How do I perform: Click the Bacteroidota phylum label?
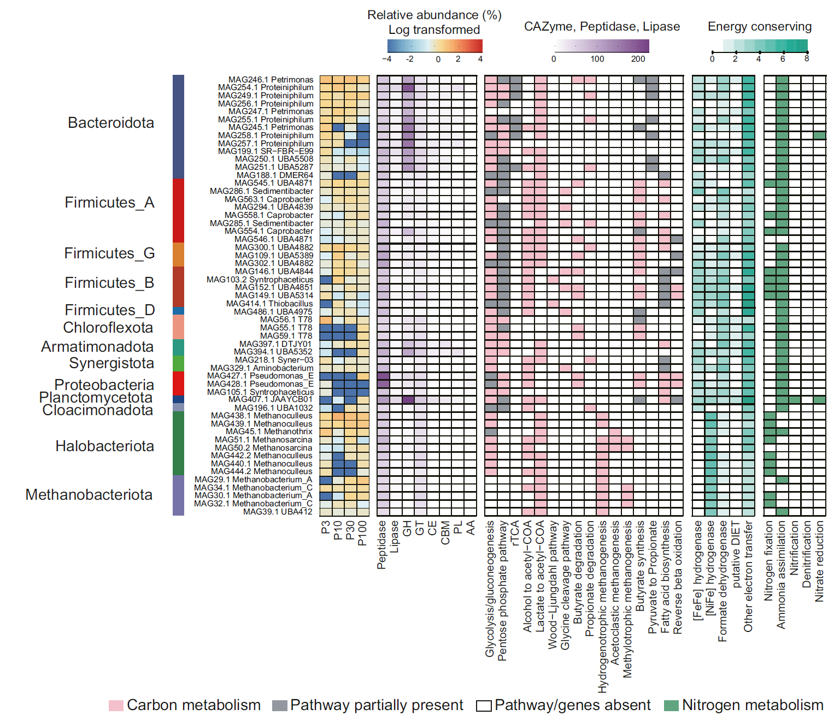pyautogui.click(x=111, y=123)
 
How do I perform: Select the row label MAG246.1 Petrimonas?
pyautogui.click(x=271, y=80)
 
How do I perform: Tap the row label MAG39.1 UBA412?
pyautogui.click(x=278, y=512)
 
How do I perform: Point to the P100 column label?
pyautogui.click(x=362, y=533)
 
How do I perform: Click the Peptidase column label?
pyautogui.click(x=382, y=545)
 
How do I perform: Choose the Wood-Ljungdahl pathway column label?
pyautogui.click(x=553, y=585)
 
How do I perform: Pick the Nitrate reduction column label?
pyautogui.click(x=819, y=561)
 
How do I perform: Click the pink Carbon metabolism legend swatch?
pyautogui.click(x=116, y=705)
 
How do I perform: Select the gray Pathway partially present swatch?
pyautogui.click(x=279, y=705)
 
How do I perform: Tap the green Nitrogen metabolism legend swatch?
pyautogui.click(x=671, y=705)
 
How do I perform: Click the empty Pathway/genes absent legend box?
pyautogui.click(x=484, y=706)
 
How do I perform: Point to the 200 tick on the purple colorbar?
pyautogui.click(x=638, y=59)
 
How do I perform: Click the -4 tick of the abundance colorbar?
pyautogui.click(x=386, y=59)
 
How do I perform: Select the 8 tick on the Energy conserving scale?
pyautogui.click(x=807, y=58)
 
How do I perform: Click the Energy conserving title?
pyautogui.click(x=760, y=27)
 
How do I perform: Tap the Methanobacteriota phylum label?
pyautogui.click(x=89, y=495)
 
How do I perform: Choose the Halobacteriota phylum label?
pyautogui.click(x=105, y=446)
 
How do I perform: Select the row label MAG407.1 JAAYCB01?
pyautogui.click(x=271, y=399)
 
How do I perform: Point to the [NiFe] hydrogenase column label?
pyautogui.click(x=710, y=568)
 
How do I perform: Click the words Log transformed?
pyautogui.click(x=434, y=30)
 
